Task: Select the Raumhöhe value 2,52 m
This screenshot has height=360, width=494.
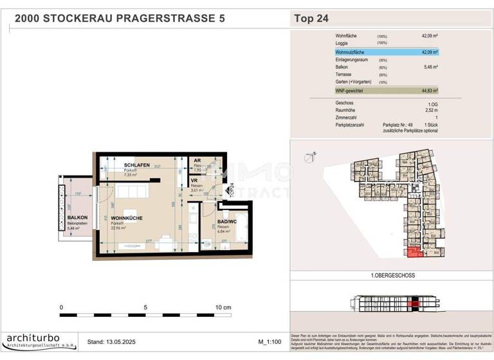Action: (430, 110)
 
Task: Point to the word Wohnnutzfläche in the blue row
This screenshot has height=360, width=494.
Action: (352, 52)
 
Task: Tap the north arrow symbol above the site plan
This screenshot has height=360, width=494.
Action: (312, 154)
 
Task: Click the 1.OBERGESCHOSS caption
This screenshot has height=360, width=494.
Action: (392, 275)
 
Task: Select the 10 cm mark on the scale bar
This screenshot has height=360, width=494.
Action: (223, 308)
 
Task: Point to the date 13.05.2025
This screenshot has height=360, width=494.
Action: (123, 342)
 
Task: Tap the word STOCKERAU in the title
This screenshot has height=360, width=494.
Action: (85, 19)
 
